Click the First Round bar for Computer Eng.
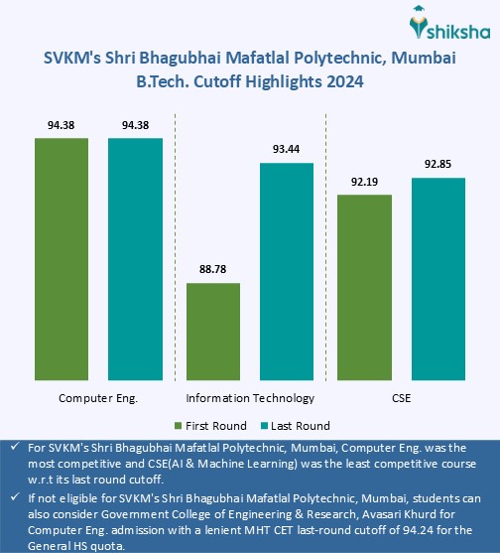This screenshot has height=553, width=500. tap(62, 258)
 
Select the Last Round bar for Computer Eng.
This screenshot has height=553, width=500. tap(135, 258)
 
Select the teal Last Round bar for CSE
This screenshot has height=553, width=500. tap(438, 278)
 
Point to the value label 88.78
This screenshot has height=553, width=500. tap(213, 270)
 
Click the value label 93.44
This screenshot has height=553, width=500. tap(287, 149)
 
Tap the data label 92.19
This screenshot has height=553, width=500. tap(365, 182)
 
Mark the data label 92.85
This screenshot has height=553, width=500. tap(438, 165)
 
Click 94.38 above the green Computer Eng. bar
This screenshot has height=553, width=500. tap(62, 125)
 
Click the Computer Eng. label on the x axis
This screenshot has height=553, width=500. tap(98, 398)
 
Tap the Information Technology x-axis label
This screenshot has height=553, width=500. tap(250, 398)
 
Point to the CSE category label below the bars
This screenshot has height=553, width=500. tap(402, 398)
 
